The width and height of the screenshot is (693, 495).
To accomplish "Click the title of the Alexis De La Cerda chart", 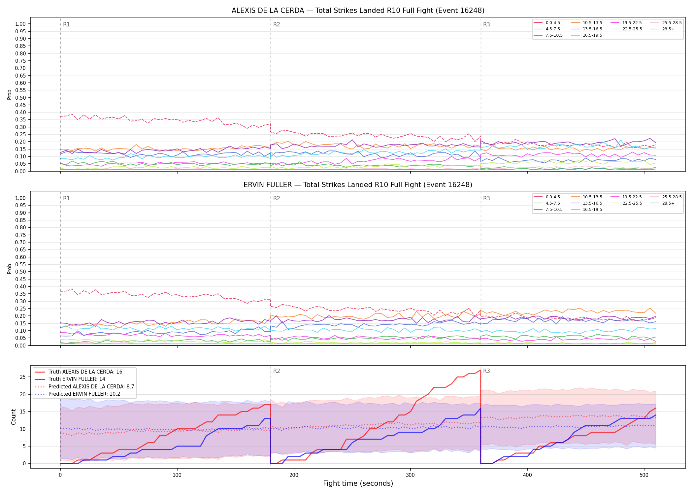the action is point(358,11).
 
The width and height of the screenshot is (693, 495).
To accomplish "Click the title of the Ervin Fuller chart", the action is point(358,185).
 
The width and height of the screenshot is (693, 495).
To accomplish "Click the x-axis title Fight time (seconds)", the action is point(358,483).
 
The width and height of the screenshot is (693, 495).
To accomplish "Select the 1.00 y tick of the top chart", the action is point(20,24).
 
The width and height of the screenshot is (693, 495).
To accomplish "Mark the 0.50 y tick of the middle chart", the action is point(20,272).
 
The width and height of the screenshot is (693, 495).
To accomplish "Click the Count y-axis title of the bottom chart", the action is point(14,417).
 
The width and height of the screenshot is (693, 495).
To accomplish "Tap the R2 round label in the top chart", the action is point(277,24).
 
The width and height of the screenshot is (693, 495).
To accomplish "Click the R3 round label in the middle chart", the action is point(486,198).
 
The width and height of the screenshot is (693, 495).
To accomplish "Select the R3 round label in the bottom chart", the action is point(486,371).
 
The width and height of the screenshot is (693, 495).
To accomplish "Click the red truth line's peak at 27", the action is point(480,370).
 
